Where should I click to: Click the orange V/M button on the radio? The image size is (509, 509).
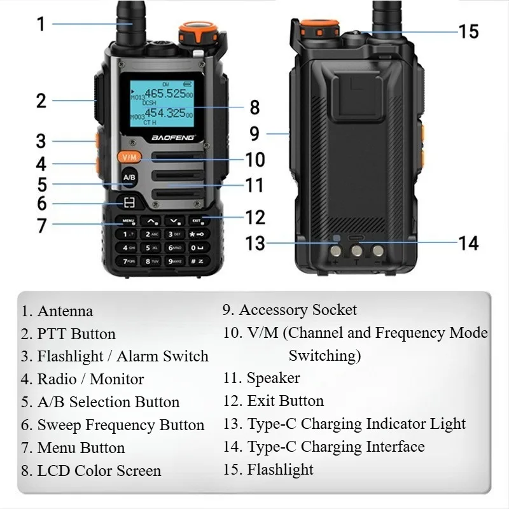[x=129, y=157]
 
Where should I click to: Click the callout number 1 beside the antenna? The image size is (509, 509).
[x=41, y=25]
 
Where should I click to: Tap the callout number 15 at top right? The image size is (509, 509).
[x=468, y=31]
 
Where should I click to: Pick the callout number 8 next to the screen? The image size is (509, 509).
[x=254, y=108]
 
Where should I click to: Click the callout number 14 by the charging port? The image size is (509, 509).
[x=468, y=242]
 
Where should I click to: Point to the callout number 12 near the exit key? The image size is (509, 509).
[x=255, y=218]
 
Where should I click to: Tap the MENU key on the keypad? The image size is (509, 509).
[x=128, y=221]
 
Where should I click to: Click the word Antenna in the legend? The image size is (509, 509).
[x=65, y=311]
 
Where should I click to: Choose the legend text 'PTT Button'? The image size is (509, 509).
[x=76, y=334]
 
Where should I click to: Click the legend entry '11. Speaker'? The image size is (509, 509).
[x=261, y=378]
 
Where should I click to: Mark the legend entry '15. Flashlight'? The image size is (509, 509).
[x=268, y=470]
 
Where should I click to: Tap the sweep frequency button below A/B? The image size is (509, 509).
[x=129, y=203]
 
